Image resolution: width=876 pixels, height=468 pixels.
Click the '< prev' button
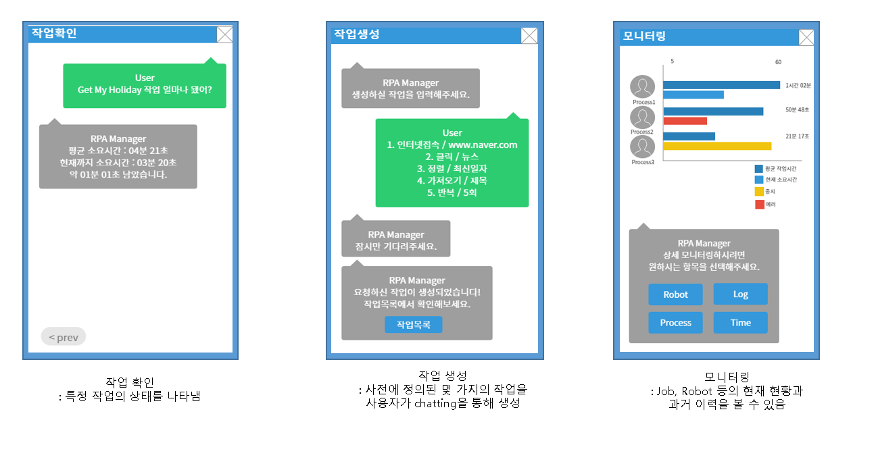[64, 337]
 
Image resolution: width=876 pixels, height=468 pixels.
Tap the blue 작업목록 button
[414, 325]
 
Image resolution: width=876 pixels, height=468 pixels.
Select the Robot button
[675, 294]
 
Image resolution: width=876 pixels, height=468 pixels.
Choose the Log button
[740, 294]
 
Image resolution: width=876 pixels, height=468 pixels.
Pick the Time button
[740, 323]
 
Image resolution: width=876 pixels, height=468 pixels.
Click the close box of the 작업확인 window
[224, 34]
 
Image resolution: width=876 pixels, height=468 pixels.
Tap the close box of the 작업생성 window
[529, 36]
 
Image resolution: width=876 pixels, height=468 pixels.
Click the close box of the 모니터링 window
[806, 38]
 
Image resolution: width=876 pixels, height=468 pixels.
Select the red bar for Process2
[685, 121]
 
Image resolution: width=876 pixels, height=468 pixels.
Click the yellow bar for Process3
[717, 146]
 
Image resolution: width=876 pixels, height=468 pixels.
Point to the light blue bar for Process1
[693, 95]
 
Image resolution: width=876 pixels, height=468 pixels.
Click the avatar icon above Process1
[643, 87]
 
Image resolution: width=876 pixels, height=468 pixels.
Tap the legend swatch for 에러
[759, 205]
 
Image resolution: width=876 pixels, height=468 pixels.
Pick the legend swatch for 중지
[759, 192]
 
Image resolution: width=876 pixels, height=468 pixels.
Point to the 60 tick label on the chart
[778, 62]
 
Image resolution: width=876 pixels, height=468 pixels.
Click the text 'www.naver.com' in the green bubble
[483, 145]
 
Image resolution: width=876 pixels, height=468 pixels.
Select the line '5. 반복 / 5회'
[452, 192]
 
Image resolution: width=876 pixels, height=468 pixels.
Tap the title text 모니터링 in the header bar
[644, 36]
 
